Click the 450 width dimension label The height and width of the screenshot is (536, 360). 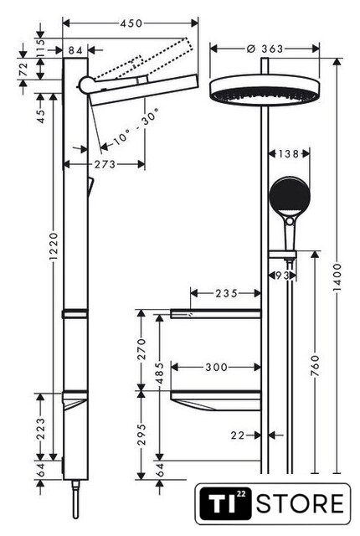(x=131, y=23)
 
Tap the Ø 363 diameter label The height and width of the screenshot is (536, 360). (x=265, y=49)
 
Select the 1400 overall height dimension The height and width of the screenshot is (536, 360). (x=337, y=277)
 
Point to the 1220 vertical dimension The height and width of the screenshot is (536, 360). (x=54, y=246)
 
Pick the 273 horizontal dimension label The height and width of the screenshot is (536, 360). (x=105, y=164)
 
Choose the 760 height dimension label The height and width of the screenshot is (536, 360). (x=316, y=366)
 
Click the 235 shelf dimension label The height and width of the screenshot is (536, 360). (x=226, y=293)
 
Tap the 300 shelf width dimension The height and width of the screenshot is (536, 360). (x=216, y=367)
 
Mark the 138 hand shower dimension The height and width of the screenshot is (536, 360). (x=289, y=154)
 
